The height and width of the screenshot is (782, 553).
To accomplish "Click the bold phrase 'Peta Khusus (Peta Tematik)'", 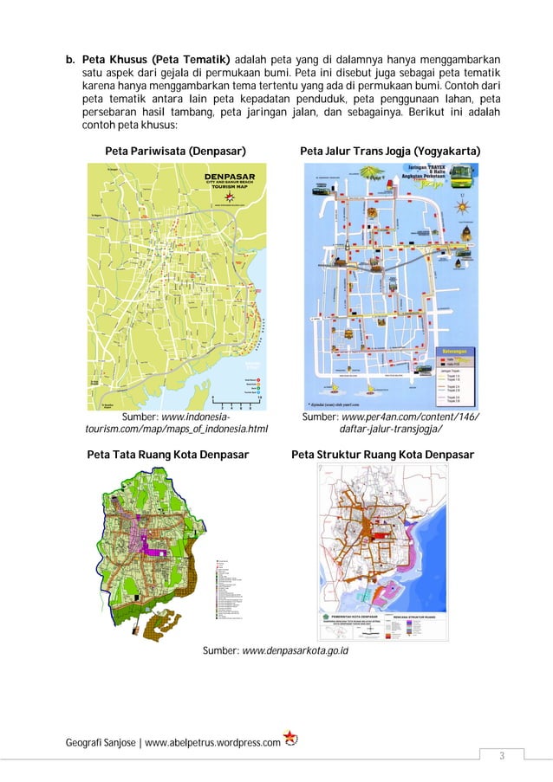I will coord(156,59).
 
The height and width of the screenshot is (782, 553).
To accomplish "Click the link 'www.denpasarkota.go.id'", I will coord(295,650).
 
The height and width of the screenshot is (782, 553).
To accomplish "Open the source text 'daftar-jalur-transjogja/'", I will coord(391,430).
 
